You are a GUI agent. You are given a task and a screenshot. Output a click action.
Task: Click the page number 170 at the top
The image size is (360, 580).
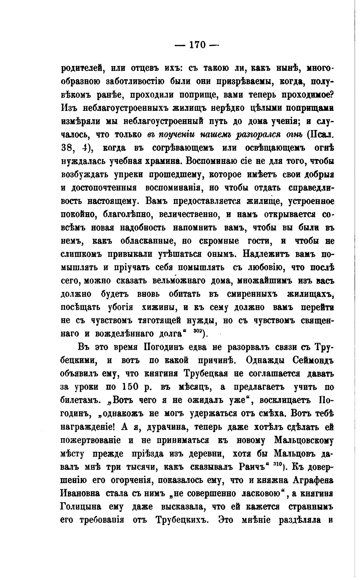click(x=197, y=45)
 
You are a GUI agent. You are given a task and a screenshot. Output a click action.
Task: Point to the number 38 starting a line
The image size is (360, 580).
click(x=67, y=148)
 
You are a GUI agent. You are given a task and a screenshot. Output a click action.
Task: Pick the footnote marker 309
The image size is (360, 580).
click(x=197, y=331)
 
